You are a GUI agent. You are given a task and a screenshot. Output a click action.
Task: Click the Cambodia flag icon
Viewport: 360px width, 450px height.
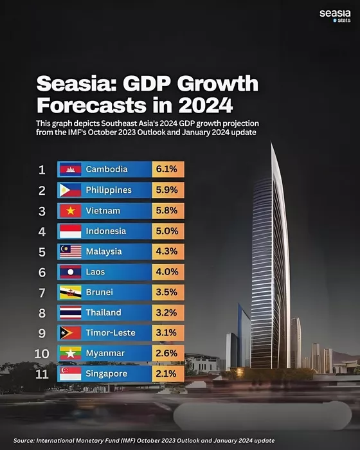70,169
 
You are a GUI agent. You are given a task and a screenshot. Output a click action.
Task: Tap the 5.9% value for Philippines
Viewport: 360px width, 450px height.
166,190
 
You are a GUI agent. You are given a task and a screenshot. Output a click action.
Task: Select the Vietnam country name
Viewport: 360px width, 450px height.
103,211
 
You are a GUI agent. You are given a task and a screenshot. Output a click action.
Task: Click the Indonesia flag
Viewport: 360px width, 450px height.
70,231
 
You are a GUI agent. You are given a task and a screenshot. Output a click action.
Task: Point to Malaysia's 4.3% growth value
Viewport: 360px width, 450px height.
166,251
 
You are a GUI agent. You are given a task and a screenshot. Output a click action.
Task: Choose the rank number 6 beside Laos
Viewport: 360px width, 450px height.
42,273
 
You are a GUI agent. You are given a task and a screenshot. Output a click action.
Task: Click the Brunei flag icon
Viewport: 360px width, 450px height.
70,292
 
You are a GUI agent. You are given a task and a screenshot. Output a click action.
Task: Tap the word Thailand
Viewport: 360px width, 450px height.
104,312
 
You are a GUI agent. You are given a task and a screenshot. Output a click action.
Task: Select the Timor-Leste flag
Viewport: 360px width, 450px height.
70,333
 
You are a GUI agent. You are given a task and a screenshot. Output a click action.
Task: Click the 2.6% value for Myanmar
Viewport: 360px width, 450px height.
166,353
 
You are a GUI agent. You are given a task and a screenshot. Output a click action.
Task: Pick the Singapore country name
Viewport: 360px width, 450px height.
107,373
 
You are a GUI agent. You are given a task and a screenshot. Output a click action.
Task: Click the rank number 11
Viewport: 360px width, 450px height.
42,374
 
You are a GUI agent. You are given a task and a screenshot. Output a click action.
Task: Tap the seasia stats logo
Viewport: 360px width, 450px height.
335,16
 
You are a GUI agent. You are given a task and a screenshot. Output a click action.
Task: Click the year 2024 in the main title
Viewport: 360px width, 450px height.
205,105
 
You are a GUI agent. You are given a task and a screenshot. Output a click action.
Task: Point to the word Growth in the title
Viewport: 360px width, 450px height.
218,84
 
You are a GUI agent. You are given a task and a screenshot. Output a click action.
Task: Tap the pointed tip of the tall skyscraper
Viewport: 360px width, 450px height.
271,143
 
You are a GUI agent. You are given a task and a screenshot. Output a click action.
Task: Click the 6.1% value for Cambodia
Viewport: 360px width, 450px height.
166,169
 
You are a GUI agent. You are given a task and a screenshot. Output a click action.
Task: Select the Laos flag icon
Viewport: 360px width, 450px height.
70,272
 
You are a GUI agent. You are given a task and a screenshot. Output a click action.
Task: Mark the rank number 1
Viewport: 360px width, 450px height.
42,170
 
